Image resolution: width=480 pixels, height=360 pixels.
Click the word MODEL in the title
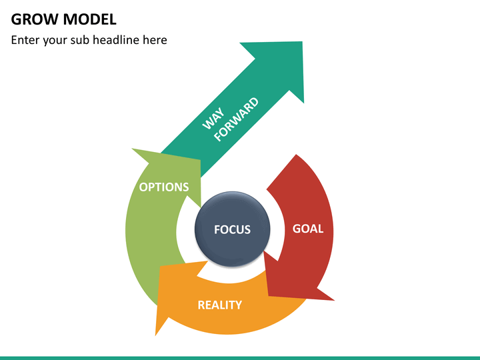coord(90,19)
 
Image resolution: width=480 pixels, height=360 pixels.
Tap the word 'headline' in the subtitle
coord(115,40)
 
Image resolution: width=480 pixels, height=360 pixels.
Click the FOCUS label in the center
coord(233,229)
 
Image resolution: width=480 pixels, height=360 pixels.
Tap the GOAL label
coord(308,229)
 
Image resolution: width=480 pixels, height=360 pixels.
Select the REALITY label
coord(220,305)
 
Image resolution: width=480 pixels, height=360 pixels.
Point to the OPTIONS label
coord(164,187)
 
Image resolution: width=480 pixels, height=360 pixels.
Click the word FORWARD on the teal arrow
coord(236,119)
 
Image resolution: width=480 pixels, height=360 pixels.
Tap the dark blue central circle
coord(233,229)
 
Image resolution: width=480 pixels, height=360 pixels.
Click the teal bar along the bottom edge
coord(240,358)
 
